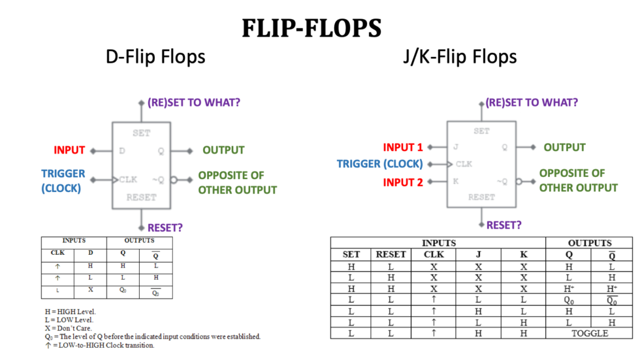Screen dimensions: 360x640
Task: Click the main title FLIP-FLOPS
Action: click(312, 28)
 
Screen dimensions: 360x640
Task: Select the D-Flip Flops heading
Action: click(155, 57)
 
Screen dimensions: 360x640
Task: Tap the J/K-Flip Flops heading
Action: click(460, 57)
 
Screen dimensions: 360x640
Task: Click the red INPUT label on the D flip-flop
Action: click(69, 150)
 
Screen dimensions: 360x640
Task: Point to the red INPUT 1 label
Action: click(403, 148)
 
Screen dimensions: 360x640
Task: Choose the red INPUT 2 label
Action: click(403, 182)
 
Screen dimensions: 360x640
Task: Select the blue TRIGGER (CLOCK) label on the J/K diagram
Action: click(379, 164)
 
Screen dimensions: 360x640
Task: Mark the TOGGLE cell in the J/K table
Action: click(590, 333)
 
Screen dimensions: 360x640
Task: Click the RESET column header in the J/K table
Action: click(391, 255)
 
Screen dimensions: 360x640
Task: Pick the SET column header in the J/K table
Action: click(351, 255)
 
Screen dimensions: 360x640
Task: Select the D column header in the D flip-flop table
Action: click(90, 252)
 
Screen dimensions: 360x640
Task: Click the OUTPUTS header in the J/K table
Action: click(590, 243)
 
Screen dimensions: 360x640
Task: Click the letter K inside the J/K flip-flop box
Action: click(455, 181)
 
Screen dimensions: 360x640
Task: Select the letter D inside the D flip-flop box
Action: click(121, 151)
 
